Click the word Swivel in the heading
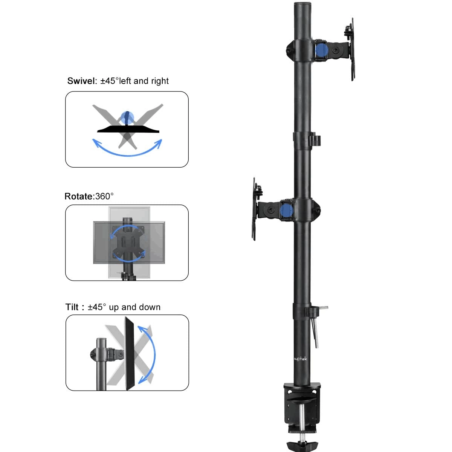pyautogui.click(x=81, y=81)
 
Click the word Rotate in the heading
pyautogui.click(x=78, y=196)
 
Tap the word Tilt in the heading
pyautogui.click(x=72, y=307)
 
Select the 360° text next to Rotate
pyautogui.click(x=104, y=196)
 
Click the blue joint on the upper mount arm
pyautogui.click(x=321, y=50)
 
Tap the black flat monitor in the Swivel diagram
pyautogui.click(x=128, y=129)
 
